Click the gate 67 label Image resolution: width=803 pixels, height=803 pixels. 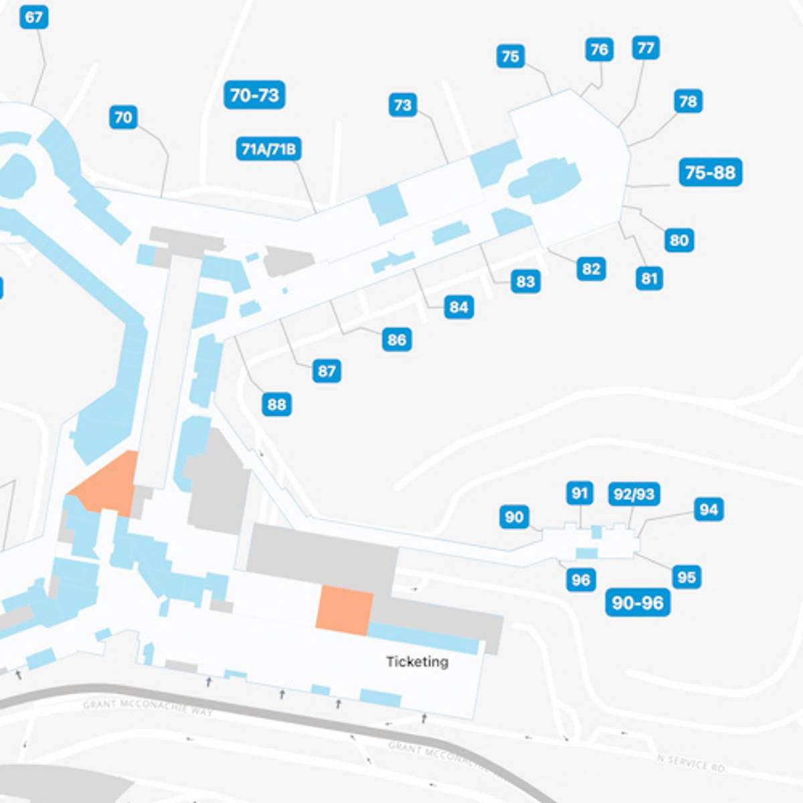click(34, 17)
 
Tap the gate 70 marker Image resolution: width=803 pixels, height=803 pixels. click(123, 118)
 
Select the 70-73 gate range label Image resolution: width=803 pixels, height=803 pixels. click(254, 95)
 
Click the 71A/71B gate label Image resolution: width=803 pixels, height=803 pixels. click(268, 149)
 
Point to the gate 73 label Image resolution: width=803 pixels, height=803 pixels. click(403, 105)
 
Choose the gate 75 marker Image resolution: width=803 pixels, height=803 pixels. click(511, 56)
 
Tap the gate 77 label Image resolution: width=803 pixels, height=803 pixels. click(646, 48)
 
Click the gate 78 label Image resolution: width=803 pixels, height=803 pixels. click(688, 101)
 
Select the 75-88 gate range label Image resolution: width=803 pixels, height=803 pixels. click(710, 173)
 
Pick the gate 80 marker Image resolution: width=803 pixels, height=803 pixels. click(679, 240)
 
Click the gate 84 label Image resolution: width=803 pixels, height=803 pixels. click(458, 307)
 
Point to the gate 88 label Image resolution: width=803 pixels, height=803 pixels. click(276, 404)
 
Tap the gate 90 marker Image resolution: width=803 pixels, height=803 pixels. click(514, 517)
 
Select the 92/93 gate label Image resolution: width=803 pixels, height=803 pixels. click(634, 494)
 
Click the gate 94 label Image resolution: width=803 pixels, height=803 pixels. click(709, 509)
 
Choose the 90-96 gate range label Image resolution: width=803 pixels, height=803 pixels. click(637, 603)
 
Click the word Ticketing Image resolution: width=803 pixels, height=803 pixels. click(417, 662)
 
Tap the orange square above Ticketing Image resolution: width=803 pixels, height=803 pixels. click(344, 609)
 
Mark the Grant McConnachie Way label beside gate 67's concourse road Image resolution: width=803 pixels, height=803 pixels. click(147, 707)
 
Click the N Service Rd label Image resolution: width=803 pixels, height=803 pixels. click(691, 762)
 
